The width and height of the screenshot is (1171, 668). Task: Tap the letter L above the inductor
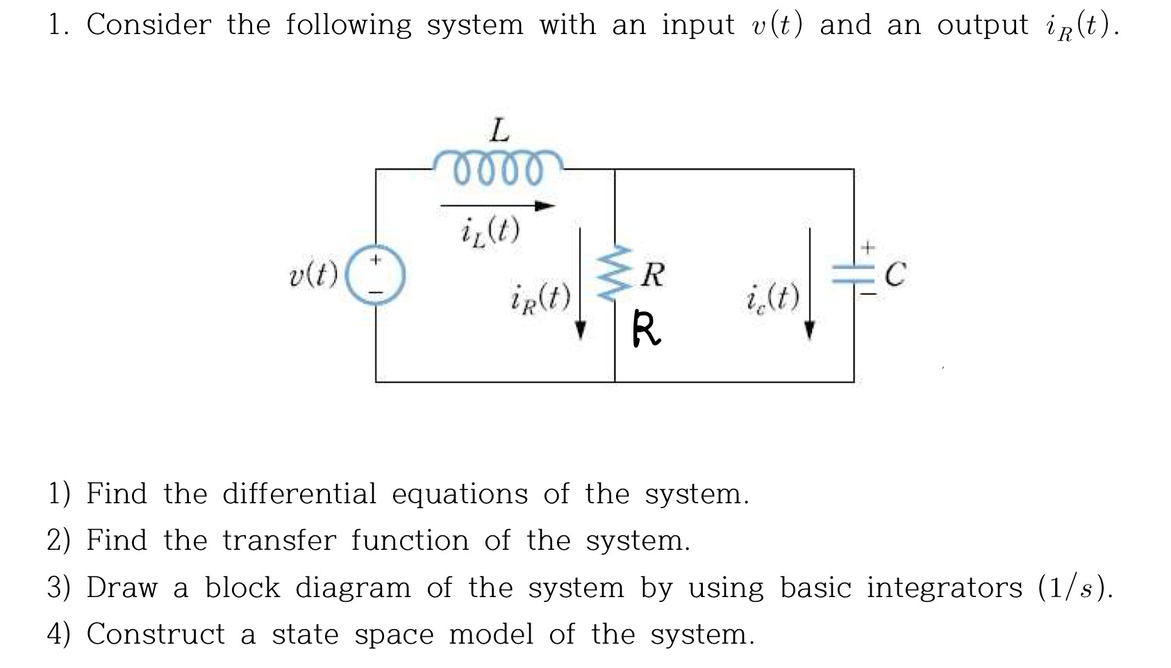click(x=499, y=130)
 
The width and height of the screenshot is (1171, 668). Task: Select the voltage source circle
click(x=376, y=275)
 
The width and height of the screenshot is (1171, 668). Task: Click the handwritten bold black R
click(x=646, y=329)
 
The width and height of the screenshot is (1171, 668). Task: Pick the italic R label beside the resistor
click(x=653, y=275)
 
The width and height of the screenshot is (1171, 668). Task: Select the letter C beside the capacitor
click(x=895, y=275)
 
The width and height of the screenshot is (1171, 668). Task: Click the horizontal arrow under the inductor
click(x=497, y=206)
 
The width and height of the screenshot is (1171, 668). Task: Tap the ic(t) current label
click(x=772, y=299)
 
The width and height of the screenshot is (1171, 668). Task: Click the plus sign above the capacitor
click(x=867, y=247)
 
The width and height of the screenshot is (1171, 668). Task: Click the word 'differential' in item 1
click(x=298, y=494)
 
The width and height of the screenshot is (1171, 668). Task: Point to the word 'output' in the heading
click(x=982, y=25)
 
